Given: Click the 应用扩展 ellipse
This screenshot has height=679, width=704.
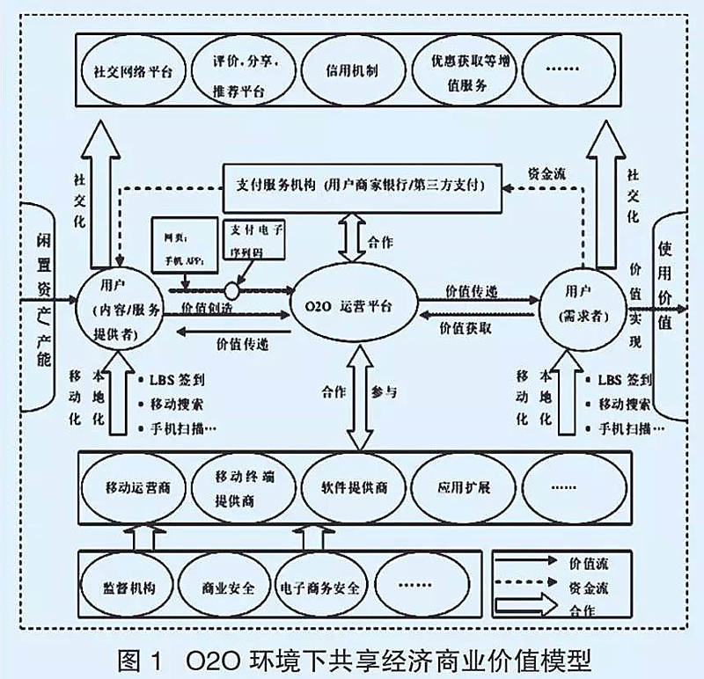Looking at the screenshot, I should pos(461,487).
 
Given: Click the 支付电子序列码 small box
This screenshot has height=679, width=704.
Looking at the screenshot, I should pos(253,239).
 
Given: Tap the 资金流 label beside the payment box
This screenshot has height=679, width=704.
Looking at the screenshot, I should pos(546,173).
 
